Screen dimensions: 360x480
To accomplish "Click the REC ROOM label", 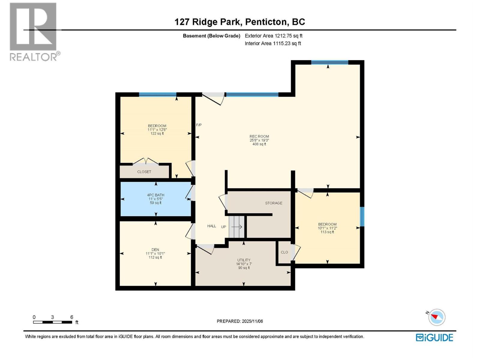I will coord(259,136).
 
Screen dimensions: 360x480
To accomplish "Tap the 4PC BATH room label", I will coord(155,195).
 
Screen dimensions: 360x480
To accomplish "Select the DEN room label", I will coord(155,250).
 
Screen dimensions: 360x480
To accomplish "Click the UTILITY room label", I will coord(244,260).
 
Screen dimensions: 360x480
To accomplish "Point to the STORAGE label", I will coord(274,203).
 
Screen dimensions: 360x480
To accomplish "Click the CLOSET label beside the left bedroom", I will coord(144,172).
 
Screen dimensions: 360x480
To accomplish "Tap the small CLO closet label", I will coord(284,252).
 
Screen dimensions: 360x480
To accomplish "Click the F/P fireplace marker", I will coord(199,125).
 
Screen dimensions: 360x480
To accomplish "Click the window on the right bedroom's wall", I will coord(362,217).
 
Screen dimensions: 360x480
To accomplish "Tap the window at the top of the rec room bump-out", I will coord(329,62).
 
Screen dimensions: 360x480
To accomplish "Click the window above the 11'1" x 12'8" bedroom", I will coord(157,94).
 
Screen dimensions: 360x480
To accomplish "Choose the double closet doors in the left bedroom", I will coord(145,162).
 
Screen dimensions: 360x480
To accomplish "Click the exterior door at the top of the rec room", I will coord(213,98).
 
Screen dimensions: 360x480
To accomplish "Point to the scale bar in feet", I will coord(53,322).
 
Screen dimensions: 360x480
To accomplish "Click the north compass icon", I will coord(436,317).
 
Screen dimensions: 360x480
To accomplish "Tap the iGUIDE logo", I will coord(434,337).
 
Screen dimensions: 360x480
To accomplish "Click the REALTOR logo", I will coord(34,31).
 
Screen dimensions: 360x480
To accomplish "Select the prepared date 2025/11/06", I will coord(240,321).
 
